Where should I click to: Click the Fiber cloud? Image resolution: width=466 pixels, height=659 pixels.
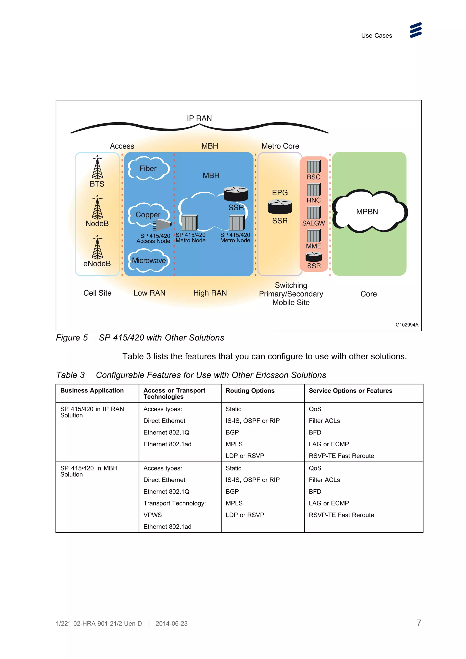pos(148,169)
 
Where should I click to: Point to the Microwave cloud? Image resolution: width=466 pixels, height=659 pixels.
pos(149,260)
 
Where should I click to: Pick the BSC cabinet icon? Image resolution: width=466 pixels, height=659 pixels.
pos(314,166)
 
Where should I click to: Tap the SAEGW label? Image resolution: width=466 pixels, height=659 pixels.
pos(313,223)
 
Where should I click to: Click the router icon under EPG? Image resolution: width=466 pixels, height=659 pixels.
pos(280,207)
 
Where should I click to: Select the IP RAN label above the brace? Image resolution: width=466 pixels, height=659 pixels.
pos(199,118)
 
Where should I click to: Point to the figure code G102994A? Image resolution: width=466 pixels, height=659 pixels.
pos(407,325)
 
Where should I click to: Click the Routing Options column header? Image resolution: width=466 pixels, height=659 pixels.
pos(250,391)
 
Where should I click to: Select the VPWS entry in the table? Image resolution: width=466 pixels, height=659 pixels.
pos(152,515)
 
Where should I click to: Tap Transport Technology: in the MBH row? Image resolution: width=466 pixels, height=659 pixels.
pos(175,503)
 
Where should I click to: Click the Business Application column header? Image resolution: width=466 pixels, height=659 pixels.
pos(92,390)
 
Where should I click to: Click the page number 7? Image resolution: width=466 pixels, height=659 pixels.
pos(419,623)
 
